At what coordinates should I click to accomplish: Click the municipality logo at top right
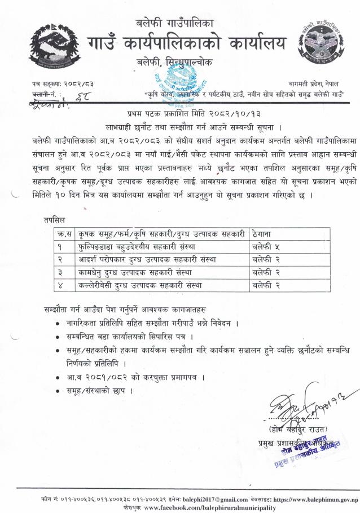point(319,45)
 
